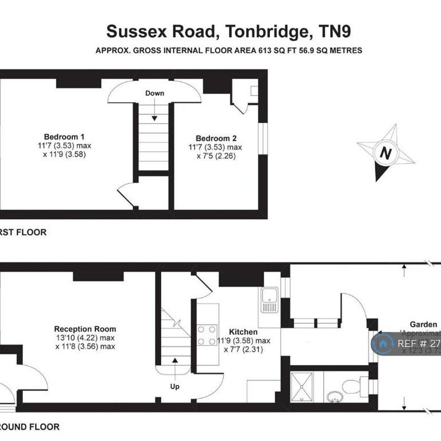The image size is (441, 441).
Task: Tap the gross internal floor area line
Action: point(229,51)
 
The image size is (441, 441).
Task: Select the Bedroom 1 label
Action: point(64,137)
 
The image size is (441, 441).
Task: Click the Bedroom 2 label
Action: point(216,138)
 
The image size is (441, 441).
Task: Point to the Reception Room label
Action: point(85,329)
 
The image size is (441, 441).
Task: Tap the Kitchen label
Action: point(243,332)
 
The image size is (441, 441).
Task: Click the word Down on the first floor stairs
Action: point(154,93)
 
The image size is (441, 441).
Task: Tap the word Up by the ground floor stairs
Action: point(174,386)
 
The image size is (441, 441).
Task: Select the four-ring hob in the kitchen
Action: point(207,335)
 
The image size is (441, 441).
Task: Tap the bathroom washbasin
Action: point(334,396)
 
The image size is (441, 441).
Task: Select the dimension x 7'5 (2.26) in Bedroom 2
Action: point(216,156)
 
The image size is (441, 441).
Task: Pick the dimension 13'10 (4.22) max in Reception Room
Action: point(85,338)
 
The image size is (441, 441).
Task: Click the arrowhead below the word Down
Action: point(154,118)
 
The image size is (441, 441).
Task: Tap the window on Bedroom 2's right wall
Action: point(262,139)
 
